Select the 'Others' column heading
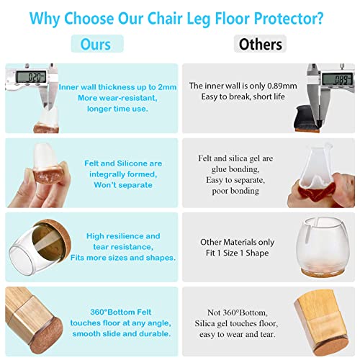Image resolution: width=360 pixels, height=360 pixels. [260, 44]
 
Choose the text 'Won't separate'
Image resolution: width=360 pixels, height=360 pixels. [123, 185]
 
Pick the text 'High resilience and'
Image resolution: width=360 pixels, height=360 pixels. [123, 235]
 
